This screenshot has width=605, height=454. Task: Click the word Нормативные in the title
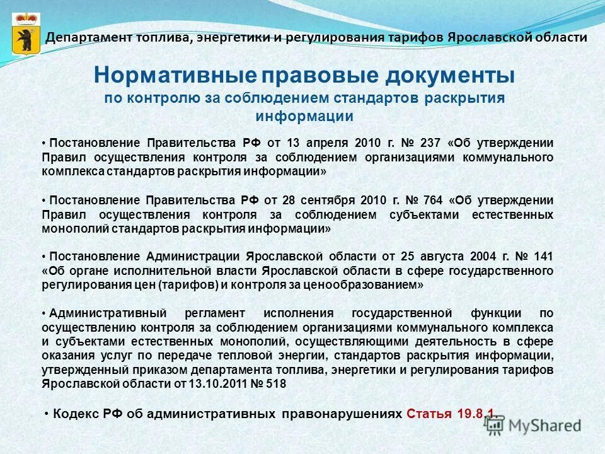[174, 76]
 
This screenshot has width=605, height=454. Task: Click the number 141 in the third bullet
[544, 257]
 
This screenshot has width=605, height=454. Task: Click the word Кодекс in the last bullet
[74, 414]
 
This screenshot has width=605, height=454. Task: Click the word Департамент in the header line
[83, 37]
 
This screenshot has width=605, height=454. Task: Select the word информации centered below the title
[304, 117]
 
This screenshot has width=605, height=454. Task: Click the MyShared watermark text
[545, 425]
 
